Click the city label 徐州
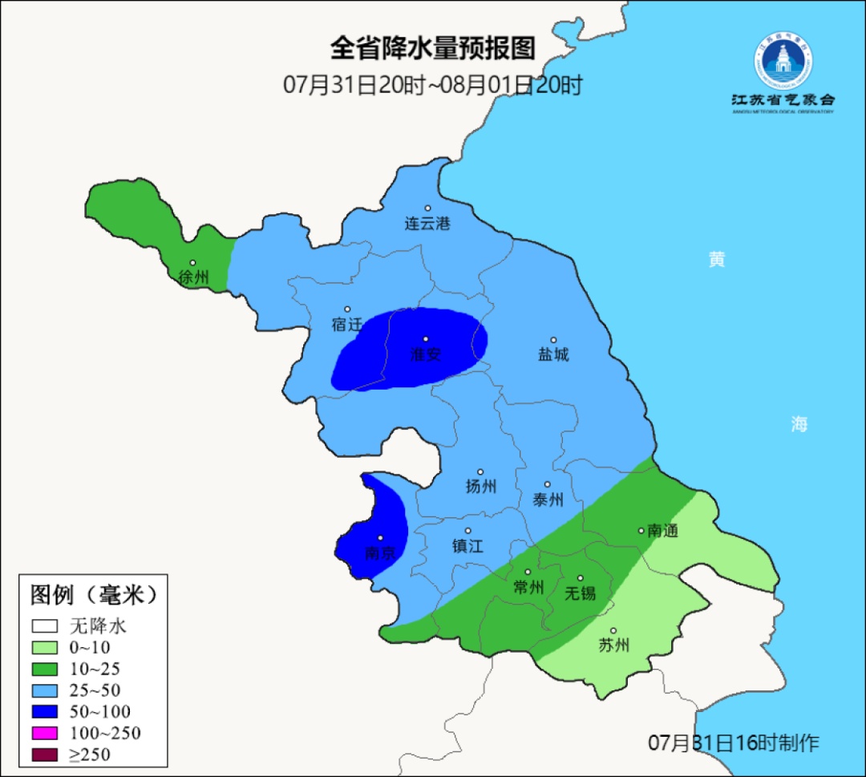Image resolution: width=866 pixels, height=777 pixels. click(x=193, y=278)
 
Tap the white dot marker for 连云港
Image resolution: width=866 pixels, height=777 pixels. click(x=427, y=208)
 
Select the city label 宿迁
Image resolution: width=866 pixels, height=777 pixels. click(x=346, y=325)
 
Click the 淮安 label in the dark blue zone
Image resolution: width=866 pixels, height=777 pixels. click(x=426, y=354)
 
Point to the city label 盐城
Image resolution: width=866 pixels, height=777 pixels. click(x=553, y=354)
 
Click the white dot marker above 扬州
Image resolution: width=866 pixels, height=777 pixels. click(x=480, y=472)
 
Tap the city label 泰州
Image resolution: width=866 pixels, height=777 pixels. click(x=548, y=500)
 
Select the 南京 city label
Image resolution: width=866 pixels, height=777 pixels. click(x=380, y=553)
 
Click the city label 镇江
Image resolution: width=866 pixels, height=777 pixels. click(x=467, y=546)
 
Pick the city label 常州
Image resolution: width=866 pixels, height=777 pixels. click(x=528, y=588)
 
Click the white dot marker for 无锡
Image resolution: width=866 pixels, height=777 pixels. click(x=581, y=578)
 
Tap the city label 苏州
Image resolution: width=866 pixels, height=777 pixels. click(x=613, y=645)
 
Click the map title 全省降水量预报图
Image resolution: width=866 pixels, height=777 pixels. click(x=432, y=49)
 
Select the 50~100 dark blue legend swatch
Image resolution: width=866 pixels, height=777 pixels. click(x=46, y=711)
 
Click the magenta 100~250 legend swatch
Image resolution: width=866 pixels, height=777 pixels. click(x=46, y=733)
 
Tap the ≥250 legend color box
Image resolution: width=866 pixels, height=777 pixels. click(x=46, y=755)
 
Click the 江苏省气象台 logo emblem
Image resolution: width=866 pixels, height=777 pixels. click(x=782, y=60)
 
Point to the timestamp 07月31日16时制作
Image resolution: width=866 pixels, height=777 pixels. click(x=733, y=743)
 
